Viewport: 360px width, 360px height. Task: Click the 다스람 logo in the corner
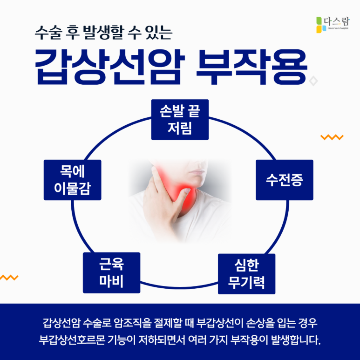coord(331,24)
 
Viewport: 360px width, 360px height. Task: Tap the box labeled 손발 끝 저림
coord(180,119)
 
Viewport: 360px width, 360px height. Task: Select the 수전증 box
coord(284,180)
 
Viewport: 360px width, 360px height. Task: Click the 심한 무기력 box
coord(246,273)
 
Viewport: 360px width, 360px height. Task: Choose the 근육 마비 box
coord(111,272)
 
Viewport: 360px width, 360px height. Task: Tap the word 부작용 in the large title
coord(251,66)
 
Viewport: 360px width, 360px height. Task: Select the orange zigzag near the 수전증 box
coord(332,137)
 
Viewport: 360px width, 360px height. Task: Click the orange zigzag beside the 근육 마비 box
coord(9,278)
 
